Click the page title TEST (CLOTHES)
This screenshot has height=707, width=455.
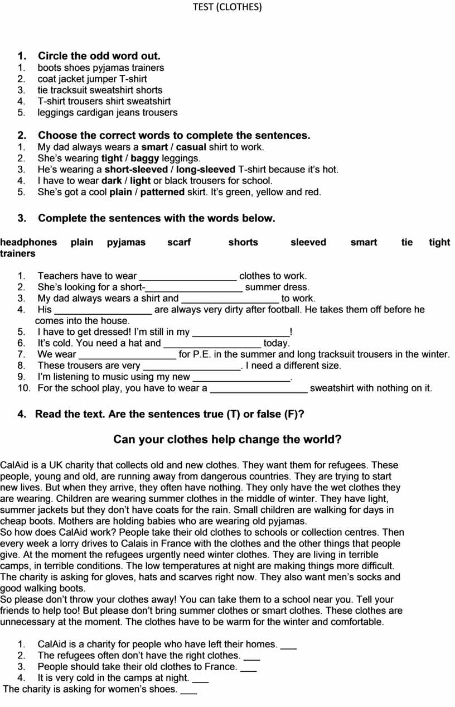click(227, 7)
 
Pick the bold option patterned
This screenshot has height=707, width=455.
click(162, 192)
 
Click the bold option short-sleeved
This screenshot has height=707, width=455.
click(136, 170)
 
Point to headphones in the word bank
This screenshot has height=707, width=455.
click(28, 242)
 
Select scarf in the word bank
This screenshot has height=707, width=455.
click(179, 242)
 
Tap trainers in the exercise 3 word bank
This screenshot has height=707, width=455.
click(18, 254)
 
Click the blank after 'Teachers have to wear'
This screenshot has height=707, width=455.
click(188, 276)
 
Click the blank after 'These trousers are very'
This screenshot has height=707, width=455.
click(192, 366)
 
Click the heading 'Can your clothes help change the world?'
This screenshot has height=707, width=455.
click(227, 440)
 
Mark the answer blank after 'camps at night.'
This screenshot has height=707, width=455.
click(200, 679)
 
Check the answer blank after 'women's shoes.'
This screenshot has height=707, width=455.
click(189, 690)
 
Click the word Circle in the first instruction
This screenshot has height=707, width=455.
click(54, 56)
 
